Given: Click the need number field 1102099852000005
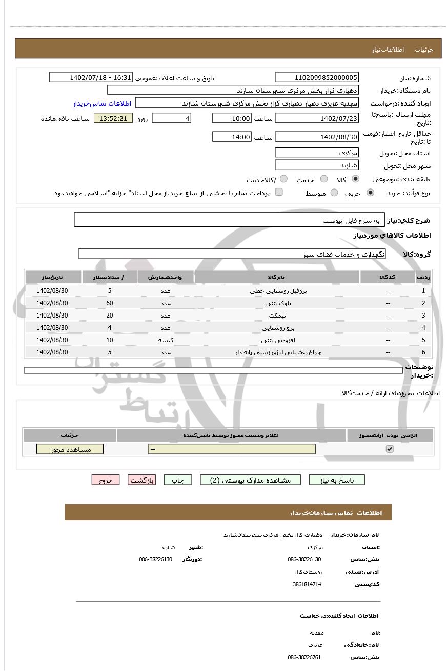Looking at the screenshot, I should (317, 77).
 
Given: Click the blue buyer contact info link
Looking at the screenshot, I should (102, 103).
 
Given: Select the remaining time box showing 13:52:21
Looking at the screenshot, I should (113, 118).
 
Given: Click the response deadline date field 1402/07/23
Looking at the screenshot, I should (317, 118).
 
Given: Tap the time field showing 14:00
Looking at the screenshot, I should (232, 137).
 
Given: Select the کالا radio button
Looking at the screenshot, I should (355, 179).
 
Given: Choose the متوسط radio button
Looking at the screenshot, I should (334, 193).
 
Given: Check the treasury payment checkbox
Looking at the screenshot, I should (279, 192).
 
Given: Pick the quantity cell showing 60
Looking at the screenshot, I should (110, 303).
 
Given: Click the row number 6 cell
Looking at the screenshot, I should (423, 352).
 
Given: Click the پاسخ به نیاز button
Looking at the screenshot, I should (337, 480).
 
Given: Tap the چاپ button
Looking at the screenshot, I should (177, 480).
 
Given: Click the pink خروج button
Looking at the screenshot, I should (106, 480).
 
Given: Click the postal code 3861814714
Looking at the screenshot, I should (307, 584).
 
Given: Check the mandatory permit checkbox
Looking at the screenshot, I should (390, 449).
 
